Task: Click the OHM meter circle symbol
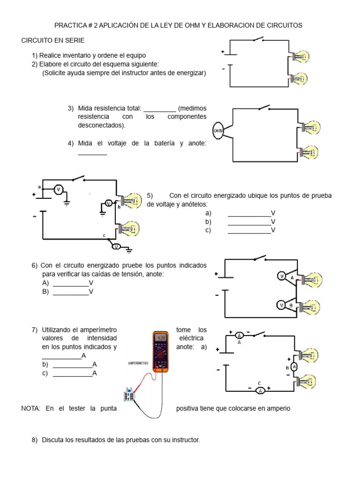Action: coord(218,131)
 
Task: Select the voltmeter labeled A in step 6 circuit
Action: coord(282,277)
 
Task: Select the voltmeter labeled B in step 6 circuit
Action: coord(282,305)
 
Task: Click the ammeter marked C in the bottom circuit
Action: coord(260,390)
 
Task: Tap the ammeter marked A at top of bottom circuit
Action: coord(239,335)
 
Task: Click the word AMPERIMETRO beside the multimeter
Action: coord(138,363)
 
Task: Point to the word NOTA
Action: coord(31,408)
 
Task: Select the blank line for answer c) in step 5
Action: coord(249,231)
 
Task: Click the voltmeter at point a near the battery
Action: coord(59,189)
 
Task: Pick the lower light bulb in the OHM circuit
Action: coord(309,152)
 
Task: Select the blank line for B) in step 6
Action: coord(71,292)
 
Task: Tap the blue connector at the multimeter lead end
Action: coord(128,395)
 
